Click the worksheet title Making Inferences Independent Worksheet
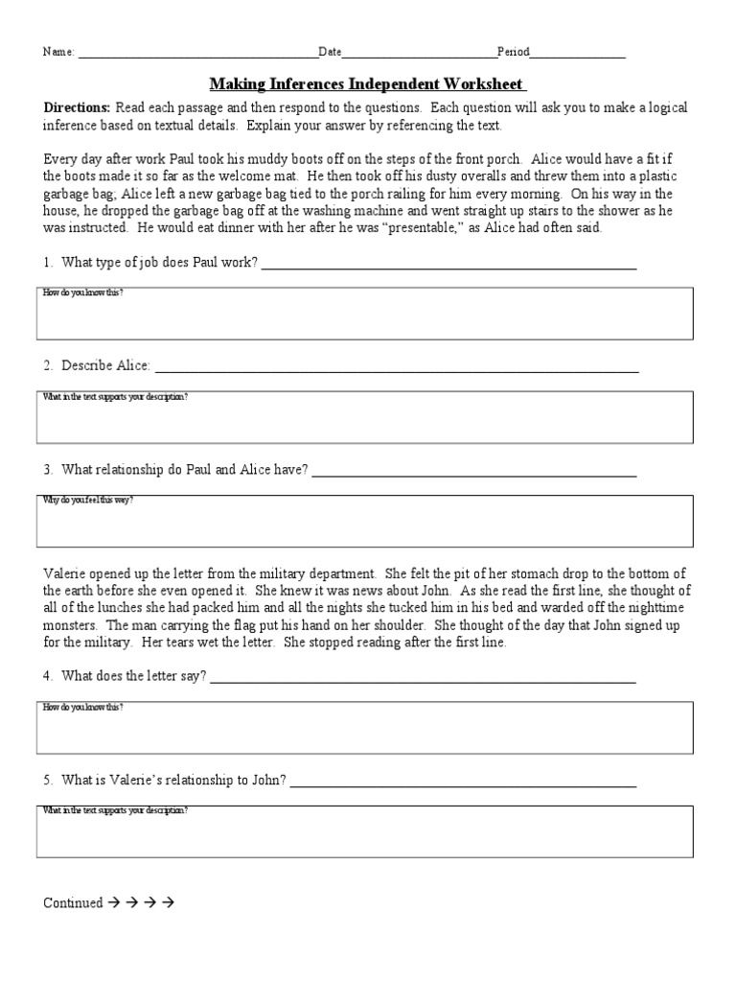[367, 84]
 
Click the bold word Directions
[77, 108]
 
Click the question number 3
[48, 470]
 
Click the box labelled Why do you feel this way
[365, 521]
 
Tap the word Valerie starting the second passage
[64, 573]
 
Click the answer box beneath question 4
[365, 727]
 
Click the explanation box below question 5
[365, 830]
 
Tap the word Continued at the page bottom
[73, 902]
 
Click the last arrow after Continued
[169, 902]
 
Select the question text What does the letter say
[134, 676]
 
